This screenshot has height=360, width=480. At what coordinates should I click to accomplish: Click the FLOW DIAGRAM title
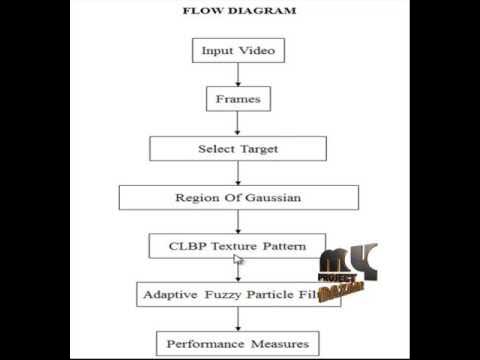tap(238, 11)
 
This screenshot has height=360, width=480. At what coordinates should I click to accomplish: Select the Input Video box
tap(237, 50)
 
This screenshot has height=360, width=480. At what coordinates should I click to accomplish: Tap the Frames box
tap(237, 99)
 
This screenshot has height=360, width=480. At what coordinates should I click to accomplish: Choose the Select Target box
tap(237, 148)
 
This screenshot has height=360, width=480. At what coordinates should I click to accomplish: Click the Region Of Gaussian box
tap(237, 197)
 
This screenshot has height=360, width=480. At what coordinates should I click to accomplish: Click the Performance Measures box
tap(237, 345)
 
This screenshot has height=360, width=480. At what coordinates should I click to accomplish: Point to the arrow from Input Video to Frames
tap(237, 75)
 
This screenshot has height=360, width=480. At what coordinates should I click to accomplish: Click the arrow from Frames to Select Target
tap(237, 124)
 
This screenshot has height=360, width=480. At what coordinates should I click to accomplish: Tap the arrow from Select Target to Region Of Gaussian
tap(237, 172)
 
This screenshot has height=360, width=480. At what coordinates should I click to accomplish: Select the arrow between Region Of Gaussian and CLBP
tap(237, 222)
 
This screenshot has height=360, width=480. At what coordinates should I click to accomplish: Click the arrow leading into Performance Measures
tap(237, 320)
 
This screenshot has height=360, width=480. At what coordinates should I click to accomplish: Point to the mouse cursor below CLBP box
tap(238, 261)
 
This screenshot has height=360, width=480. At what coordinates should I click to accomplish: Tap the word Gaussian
tap(270, 197)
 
